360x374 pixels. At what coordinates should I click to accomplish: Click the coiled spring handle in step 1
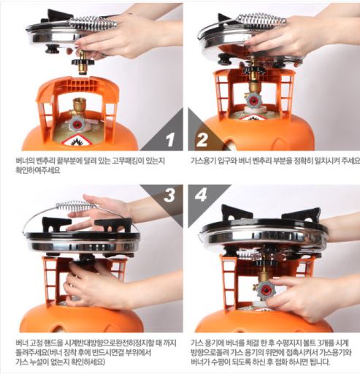coord(93,23)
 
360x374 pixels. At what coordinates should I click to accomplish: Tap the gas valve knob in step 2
coord(253,103)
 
